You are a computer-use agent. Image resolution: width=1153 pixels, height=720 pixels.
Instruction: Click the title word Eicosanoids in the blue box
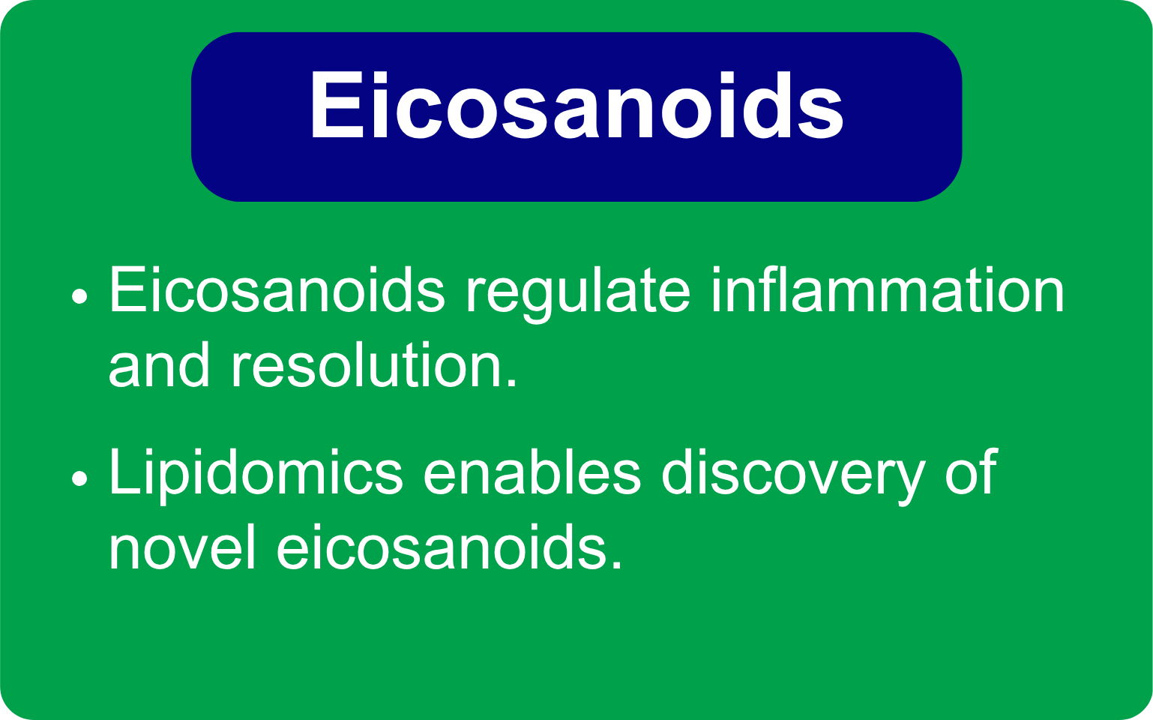(576, 105)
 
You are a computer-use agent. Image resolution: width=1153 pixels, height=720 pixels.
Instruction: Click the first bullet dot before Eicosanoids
(79, 296)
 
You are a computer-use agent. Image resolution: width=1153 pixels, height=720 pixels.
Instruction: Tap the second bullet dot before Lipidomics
(79, 478)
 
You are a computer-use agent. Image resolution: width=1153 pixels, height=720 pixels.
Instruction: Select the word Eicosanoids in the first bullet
(277, 290)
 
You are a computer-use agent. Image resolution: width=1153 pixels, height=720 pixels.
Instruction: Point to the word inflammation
(888, 289)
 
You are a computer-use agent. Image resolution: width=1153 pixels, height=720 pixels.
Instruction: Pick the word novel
(182, 547)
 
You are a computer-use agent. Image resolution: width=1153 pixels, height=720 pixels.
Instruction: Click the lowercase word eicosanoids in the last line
(441, 547)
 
